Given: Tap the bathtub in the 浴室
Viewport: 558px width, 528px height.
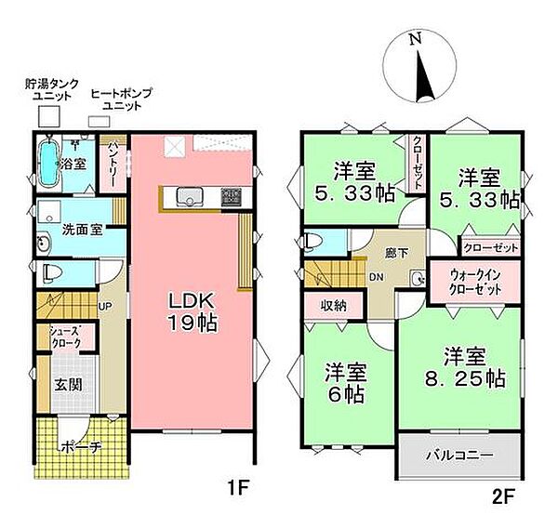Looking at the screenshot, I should [x=49, y=162].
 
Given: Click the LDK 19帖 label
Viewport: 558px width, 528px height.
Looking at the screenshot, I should [x=193, y=313].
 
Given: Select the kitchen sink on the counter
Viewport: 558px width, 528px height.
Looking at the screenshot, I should [x=192, y=197].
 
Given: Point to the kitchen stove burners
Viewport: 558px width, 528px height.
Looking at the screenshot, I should [x=230, y=197].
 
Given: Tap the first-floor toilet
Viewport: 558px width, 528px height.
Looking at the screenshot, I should [x=51, y=274].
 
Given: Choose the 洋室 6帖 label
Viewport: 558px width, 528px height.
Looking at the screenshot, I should [x=345, y=381].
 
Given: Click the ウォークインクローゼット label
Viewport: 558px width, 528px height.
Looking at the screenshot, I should [x=476, y=282].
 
